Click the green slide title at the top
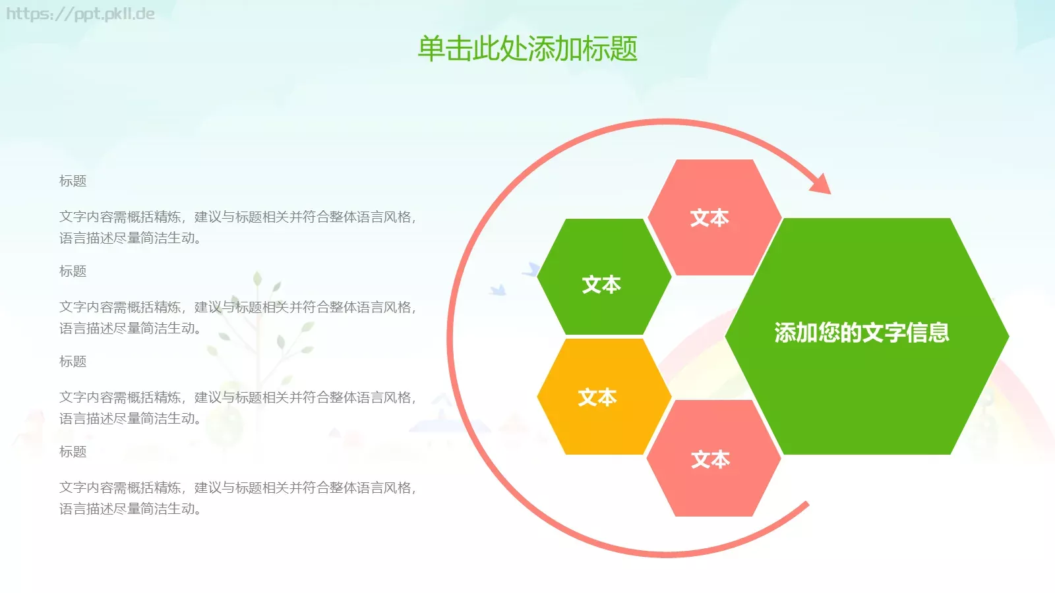tap(527, 49)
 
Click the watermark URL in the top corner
tap(80, 14)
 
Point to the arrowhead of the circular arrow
tap(821, 184)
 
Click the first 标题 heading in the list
tap(73, 181)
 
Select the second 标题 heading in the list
tap(73, 271)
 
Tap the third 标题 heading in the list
tap(73, 362)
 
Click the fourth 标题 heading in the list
tap(73, 452)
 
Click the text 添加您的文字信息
tap(861, 333)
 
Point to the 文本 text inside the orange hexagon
tap(597, 397)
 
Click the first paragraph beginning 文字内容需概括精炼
tap(237, 227)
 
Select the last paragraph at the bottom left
tap(237, 498)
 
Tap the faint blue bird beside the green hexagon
tap(498, 290)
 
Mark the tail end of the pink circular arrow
tap(806, 505)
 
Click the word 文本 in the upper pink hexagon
tap(709, 218)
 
